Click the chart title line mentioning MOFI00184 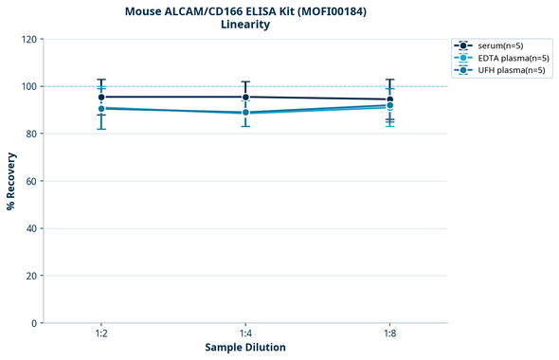(x=244, y=10)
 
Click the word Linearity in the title (x=244, y=25)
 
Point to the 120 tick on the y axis (x=28, y=40)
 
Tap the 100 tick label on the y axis (x=28, y=87)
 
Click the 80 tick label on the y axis (x=31, y=135)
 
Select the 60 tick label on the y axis (x=31, y=182)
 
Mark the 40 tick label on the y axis (x=31, y=229)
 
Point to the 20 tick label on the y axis (x=31, y=277)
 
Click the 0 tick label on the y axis (x=34, y=324)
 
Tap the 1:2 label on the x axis (x=101, y=334)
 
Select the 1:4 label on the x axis (x=245, y=334)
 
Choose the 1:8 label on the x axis (x=389, y=334)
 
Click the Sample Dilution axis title (x=245, y=348)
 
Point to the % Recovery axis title (x=11, y=181)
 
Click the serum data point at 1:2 (x=101, y=97)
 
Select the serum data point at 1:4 (x=245, y=97)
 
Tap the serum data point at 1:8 (x=389, y=99)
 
